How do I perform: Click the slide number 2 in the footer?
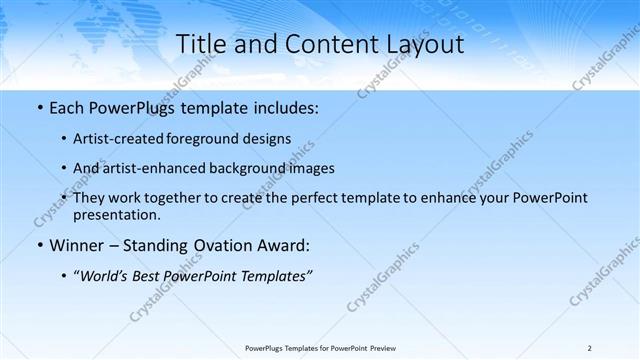[x=589, y=348]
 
